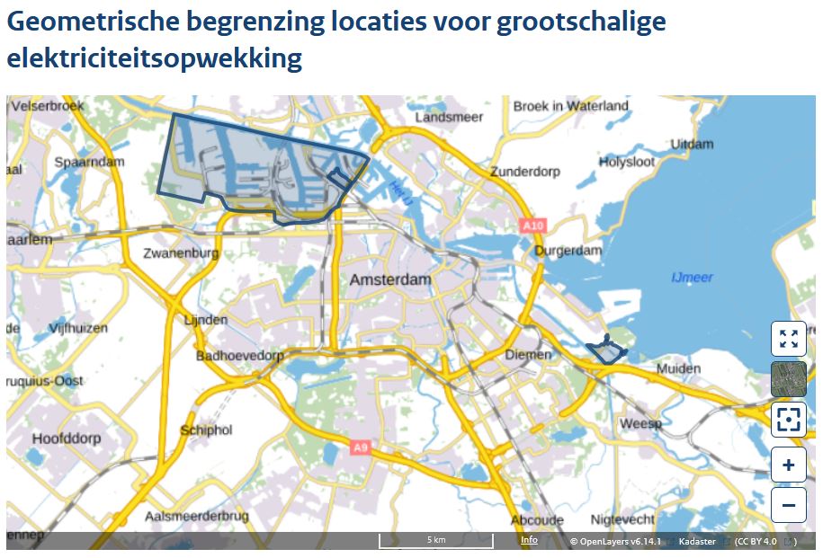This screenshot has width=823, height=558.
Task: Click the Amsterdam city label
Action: coord(389,279)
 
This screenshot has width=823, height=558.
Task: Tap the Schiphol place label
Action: coord(206,430)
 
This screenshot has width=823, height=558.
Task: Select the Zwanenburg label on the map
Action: coord(181,253)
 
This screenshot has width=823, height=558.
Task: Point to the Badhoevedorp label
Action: coord(240,356)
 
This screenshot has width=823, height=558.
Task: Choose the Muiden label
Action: coord(677,368)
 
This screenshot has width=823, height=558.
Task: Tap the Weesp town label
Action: coord(640,423)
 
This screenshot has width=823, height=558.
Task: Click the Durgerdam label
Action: coord(568,251)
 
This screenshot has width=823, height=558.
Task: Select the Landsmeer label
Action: coord(449,118)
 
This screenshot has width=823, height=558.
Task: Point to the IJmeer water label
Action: coord(692,278)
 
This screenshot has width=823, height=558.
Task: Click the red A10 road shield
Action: coord(532,226)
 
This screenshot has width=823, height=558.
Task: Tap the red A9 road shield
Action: coord(360,446)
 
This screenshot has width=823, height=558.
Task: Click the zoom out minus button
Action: coord(788,505)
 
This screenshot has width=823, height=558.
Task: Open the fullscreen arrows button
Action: coord(788,339)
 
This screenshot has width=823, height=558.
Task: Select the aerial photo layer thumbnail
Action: coord(788,379)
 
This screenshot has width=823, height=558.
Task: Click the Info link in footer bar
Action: coord(529,540)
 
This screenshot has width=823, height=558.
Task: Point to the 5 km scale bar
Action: coord(435,541)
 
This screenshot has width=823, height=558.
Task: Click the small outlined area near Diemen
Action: coord(606,352)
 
